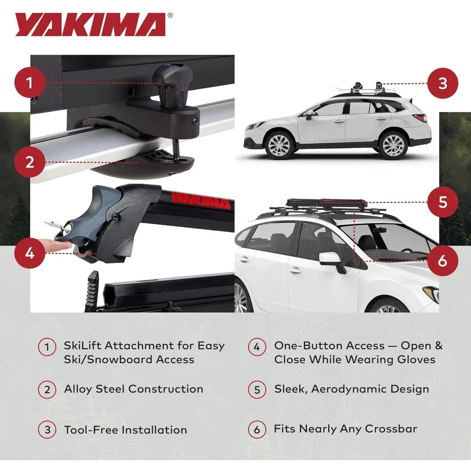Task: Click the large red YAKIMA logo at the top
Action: tap(89, 24)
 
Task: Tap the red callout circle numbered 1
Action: tap(30, 83)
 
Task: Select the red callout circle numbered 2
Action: tap(30, 162)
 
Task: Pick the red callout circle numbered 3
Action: tap(442, 83)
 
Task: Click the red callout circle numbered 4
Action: tap(30, 253)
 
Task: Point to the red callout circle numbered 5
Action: tap(442, 202)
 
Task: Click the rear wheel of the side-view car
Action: tap(393, 145)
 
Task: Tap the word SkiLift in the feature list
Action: tap(83, 345)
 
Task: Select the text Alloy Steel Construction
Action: tap(133, 389)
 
